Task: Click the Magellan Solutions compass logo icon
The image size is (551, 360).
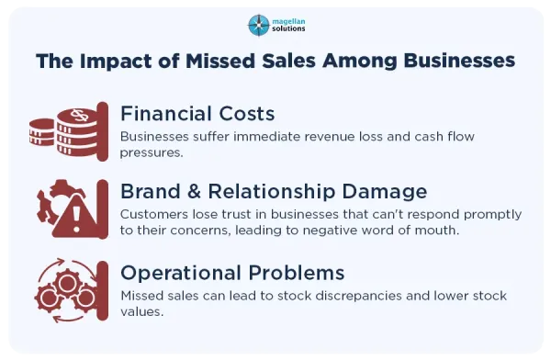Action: point(259,26)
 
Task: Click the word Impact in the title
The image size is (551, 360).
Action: point(116,62)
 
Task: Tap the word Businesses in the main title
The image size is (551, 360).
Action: point(459,61)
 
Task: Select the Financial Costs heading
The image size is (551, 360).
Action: point(197,114)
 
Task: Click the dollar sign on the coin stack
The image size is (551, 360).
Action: point(79,115)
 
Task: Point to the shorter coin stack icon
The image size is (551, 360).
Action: point(42,132)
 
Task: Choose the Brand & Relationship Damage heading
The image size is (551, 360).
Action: point(274,192)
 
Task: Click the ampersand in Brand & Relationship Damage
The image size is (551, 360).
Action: point(195,192)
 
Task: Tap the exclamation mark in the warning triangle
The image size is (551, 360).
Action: point(76,219)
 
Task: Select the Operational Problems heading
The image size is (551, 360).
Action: point(232,273)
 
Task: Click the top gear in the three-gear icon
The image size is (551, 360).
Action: point(67,282)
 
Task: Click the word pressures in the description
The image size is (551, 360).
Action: point(152,153)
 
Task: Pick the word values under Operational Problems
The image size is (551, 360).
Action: point(142,311)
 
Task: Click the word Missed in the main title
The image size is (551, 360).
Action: point(219,61)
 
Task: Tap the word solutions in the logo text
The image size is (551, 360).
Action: point(288,28)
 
